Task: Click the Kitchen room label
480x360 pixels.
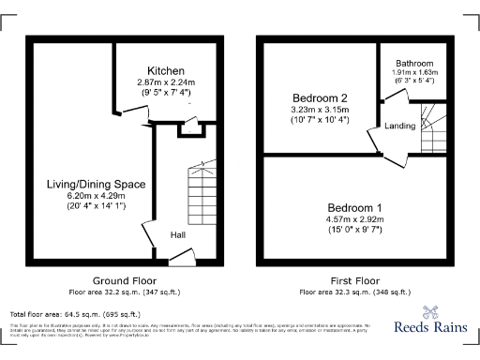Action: point(165,71)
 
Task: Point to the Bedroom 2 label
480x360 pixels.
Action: point(320,97)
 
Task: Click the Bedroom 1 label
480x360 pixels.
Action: point(355,207)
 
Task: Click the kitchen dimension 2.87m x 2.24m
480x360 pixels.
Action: point(165,82)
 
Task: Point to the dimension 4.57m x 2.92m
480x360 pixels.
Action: point(355,219)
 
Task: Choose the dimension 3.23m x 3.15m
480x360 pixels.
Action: point(320,110)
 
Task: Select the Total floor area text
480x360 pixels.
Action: point(75,314)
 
